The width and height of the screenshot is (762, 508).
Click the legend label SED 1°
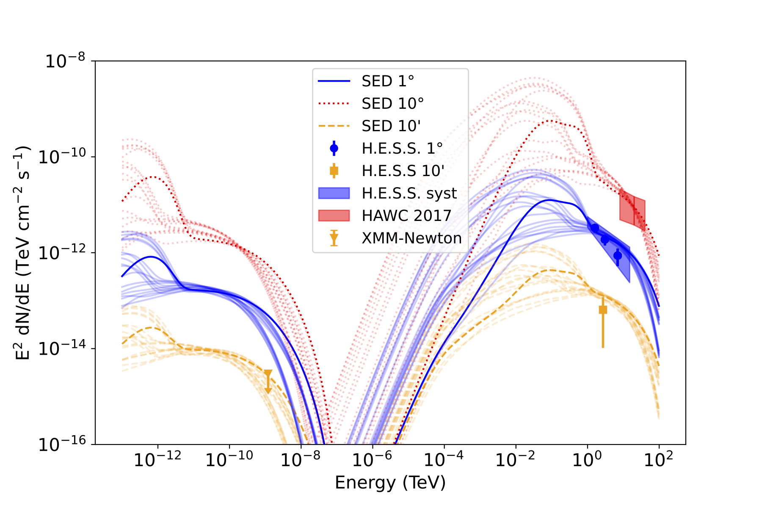point(388,81)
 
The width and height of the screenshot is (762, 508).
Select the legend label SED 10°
point(392,103)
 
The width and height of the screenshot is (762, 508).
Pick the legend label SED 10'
point(391,126)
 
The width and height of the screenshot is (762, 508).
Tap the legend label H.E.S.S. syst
point(409,193)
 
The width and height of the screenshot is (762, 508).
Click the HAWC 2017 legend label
point(406,215)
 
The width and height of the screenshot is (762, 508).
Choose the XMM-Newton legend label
point(411,238)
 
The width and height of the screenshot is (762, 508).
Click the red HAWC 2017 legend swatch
point(334,215)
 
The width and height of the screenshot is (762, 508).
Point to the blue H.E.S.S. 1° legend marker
point(334,148)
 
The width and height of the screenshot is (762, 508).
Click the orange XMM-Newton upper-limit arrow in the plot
point(268,381)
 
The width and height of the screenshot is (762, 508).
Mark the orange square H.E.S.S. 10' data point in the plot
point(603,310)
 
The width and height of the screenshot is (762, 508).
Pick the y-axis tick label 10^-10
point(62,157)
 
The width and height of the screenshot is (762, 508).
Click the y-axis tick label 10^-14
point(62,349)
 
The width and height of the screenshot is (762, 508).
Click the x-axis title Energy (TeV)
point(390,483)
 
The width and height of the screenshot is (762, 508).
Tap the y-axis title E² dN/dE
point(23,253)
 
